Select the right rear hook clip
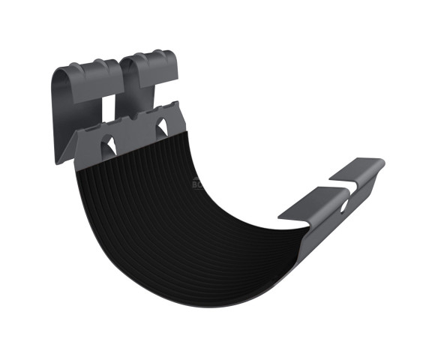[150, 75]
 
